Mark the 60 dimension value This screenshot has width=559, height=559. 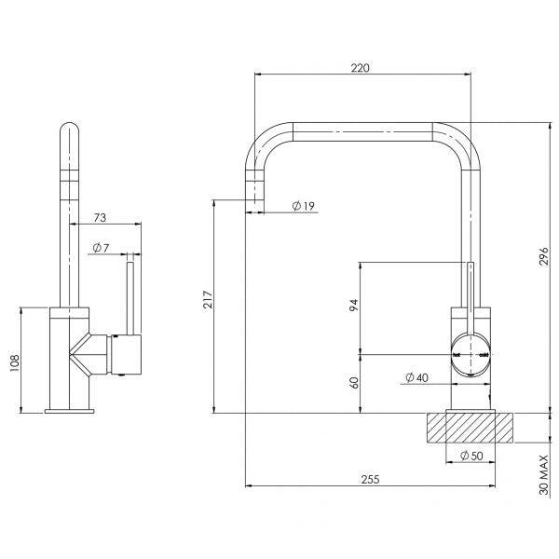[x=354, y=382]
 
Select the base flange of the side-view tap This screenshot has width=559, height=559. [x=70, y=409]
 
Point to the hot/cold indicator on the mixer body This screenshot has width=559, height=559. [x=471, y=355]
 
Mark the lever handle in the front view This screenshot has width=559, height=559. [x=471, y=298]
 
